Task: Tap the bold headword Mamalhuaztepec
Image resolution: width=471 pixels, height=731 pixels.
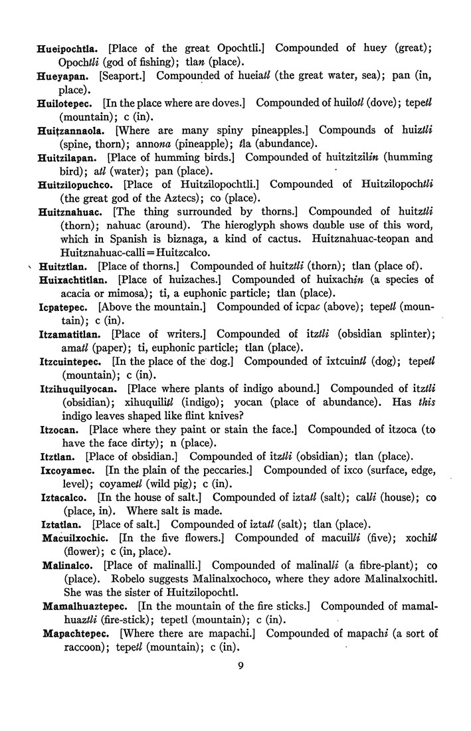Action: pos(86,606)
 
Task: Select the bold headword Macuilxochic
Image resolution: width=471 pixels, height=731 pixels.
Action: pos(75,537)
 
